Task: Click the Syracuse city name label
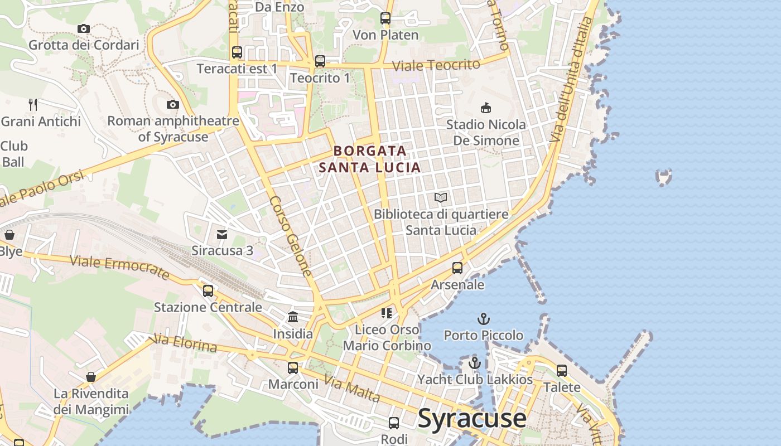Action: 471,419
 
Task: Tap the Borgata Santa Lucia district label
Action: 370,159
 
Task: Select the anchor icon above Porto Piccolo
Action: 484,319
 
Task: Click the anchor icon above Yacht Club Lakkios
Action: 474,363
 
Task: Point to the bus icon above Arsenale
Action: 457,268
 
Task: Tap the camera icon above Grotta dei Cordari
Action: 84,28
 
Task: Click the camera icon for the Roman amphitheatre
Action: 173,104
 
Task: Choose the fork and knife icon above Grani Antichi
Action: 33,104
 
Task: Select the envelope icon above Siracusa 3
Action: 222,234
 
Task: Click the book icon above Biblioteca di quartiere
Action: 441,197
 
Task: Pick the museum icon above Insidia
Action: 293,317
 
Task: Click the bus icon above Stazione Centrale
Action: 208,290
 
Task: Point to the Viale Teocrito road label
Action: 436,65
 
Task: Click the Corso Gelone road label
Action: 291,236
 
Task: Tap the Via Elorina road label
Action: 184,343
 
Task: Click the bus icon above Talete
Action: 562,371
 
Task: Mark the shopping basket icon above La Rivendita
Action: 91,377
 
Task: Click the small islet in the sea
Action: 663,177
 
